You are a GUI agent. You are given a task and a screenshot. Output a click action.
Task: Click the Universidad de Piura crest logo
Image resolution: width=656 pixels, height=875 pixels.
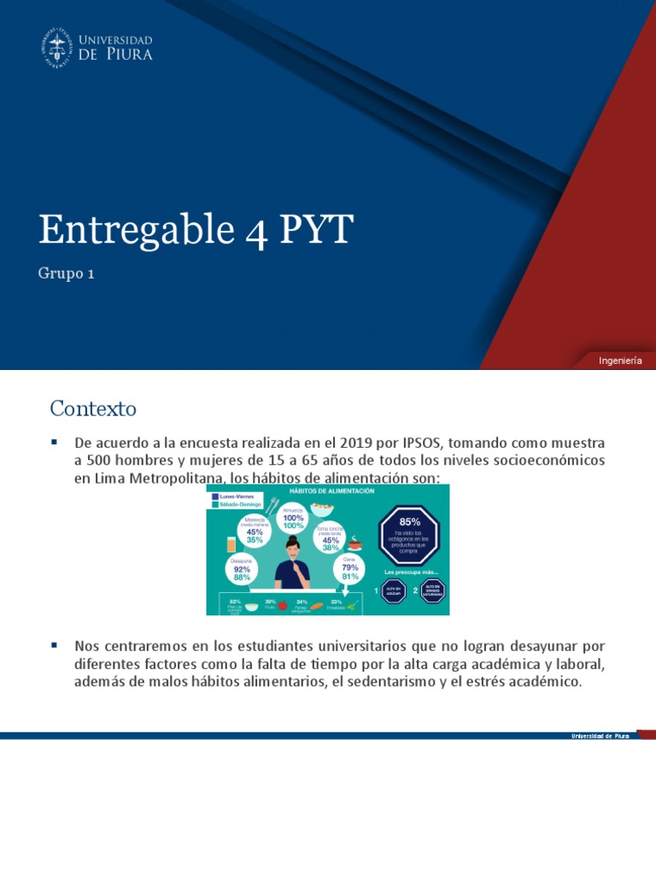(x=56, y=47)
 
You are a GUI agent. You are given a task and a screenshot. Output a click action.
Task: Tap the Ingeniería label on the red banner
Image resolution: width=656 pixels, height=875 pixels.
(x=620, y=361)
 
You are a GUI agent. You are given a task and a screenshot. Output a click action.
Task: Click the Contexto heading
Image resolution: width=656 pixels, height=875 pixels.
(x=93, y=408)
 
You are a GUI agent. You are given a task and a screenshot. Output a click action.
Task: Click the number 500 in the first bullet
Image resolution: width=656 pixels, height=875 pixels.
(x=101, y=461)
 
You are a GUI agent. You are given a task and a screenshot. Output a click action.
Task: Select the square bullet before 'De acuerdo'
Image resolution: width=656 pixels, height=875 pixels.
(x=54, y=442)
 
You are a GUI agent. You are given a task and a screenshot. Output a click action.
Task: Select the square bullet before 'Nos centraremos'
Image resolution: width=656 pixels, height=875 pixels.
(x=54, y=643)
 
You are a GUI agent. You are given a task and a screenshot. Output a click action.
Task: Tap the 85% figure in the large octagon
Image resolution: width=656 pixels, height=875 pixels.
(x=410, y=520)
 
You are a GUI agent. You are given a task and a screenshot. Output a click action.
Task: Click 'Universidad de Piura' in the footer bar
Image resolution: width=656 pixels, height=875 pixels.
(x=600, y=736)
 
